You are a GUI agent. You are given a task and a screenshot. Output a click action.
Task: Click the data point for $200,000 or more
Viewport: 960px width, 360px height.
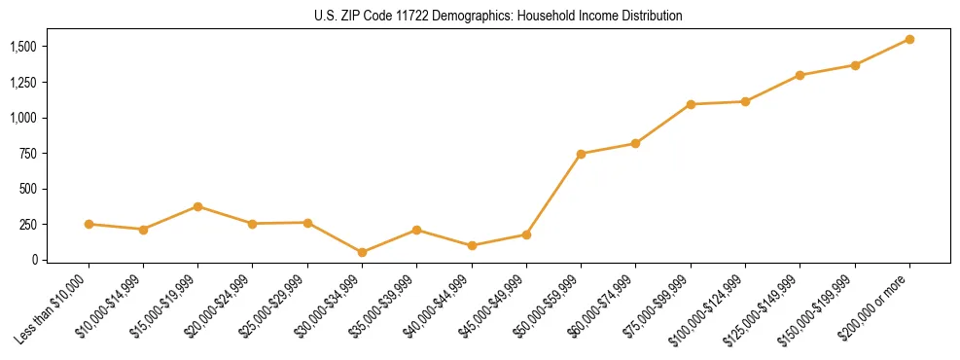[909, 39]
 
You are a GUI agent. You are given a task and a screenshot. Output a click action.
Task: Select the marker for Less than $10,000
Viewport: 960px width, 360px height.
[89, 224]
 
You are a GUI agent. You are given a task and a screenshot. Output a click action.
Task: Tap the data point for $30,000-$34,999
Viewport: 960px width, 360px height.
[362, 252]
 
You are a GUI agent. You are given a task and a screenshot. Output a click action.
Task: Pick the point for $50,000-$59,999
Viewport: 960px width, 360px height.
[581, 154]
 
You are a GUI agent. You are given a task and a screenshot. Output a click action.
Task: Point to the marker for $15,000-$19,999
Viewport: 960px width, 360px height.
[197, 206]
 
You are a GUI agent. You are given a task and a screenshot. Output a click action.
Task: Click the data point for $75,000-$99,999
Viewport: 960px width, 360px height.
[691, 104]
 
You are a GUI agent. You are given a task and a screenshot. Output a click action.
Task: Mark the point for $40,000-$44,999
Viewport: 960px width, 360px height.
[472, 245]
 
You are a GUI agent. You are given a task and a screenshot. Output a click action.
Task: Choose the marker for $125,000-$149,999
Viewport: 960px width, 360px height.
[800, 75]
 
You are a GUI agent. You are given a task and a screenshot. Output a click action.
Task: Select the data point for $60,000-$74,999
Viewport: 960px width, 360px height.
[635, 143]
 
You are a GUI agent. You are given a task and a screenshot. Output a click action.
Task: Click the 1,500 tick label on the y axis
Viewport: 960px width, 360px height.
[23, 47]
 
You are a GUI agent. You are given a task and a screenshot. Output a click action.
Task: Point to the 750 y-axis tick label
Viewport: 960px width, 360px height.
[30, 154]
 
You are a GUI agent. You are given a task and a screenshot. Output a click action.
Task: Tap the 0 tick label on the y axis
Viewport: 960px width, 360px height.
[36, 260]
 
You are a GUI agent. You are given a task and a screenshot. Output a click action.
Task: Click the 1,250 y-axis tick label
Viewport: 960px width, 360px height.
[23, 83]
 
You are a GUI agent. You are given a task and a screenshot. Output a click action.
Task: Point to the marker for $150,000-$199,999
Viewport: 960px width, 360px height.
[855, 65]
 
